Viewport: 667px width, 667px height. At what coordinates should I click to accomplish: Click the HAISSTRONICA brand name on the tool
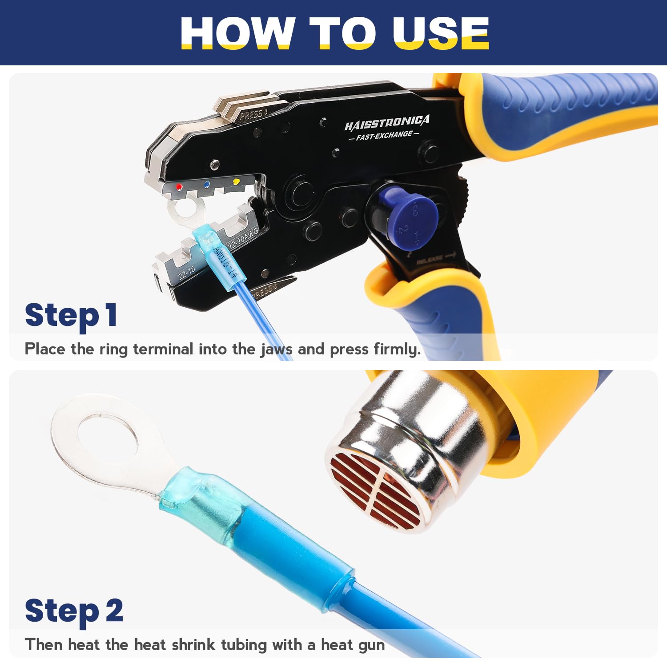(387, 123)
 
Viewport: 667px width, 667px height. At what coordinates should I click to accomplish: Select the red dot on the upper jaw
(179, 187)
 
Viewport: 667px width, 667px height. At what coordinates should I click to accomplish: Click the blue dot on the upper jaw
(206, 184)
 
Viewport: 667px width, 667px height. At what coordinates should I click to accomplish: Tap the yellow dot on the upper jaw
(236, 181)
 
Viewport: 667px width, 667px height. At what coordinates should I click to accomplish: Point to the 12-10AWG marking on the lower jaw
(243, 238)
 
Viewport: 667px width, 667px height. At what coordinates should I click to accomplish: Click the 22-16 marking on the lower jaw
(186, 272)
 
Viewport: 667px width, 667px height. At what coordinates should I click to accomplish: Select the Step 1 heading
(71, 315)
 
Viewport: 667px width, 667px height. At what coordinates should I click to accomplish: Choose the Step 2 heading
(74, 611)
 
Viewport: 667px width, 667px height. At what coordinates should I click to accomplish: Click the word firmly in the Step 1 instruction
(397, 349)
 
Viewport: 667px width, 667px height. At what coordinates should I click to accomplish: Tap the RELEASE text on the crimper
(430, 259)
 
